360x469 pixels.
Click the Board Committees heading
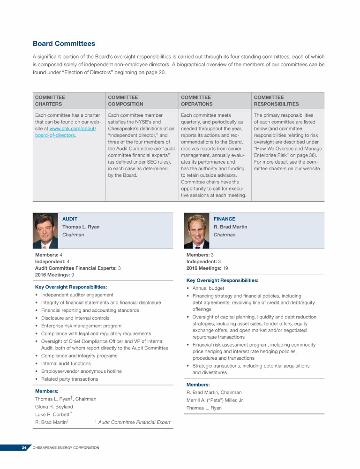tap(64, 44)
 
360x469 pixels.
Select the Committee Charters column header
tap(50, 101)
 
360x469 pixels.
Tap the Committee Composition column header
tap(125, 101)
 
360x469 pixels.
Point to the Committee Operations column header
tap(196, 101)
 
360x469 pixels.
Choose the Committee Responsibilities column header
tap(276, 101)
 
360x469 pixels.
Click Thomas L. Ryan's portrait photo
tap(45, 230)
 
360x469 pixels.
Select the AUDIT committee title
tap(70, 219)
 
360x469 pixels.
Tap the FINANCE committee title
tap(224, 219)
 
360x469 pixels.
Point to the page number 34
tap(24, 448)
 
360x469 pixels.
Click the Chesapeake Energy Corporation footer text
tap(66, 448)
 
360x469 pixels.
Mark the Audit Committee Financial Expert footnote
tap(134, 423)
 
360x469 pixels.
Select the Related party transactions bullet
tap(69, 379)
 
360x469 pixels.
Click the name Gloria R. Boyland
tap(54, 407)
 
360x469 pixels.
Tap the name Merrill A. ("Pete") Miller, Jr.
tap(215, 400)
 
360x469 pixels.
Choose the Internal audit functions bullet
tap(66, 363)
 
